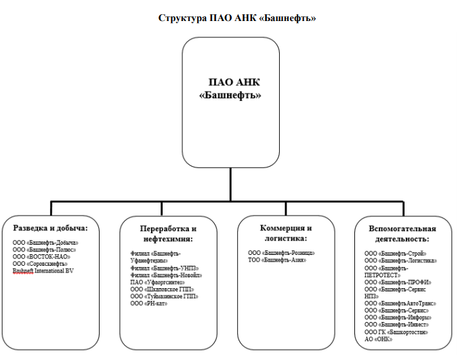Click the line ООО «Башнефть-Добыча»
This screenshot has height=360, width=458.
(45, 242)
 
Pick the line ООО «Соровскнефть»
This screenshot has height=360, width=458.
(41, 264)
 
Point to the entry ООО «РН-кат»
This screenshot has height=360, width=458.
(150, 303)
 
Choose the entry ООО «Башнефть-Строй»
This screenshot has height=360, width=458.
(395, 253)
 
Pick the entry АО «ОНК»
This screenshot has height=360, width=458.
(379, 339)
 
